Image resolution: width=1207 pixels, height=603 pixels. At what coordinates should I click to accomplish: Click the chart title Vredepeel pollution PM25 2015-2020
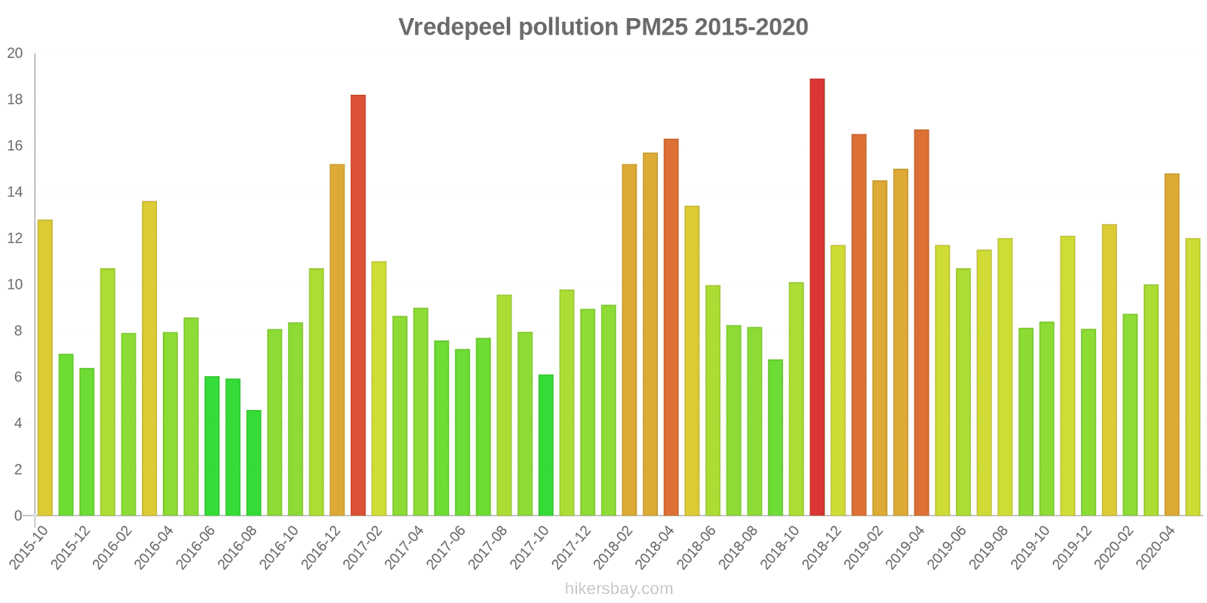(603, 27)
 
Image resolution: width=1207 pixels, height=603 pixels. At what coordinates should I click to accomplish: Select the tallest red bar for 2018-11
(817, 298)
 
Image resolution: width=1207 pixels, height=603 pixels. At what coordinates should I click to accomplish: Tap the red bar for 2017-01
(358, 305)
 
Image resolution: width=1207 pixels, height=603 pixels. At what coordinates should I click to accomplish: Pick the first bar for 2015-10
(45, 368)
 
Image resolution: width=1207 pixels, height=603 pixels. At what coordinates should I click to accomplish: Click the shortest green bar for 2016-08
(253, 463)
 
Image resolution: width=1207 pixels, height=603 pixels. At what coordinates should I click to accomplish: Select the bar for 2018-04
(671, 327)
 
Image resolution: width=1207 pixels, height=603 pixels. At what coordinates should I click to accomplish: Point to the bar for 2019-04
(921, 323)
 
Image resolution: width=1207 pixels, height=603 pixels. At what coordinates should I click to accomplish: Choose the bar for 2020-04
(1172, 344)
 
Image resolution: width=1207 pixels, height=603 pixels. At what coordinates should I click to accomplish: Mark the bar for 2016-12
(337, 340)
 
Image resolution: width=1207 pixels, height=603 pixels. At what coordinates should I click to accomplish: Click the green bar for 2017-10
(545, 445)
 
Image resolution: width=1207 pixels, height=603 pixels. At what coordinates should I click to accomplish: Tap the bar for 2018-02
(629, 340)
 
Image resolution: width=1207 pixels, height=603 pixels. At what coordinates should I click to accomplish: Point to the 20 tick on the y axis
(15, 54)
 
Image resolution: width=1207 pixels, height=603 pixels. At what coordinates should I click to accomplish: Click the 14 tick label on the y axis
(15, 192)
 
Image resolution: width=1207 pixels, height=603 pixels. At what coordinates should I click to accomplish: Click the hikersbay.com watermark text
(619, 589)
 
